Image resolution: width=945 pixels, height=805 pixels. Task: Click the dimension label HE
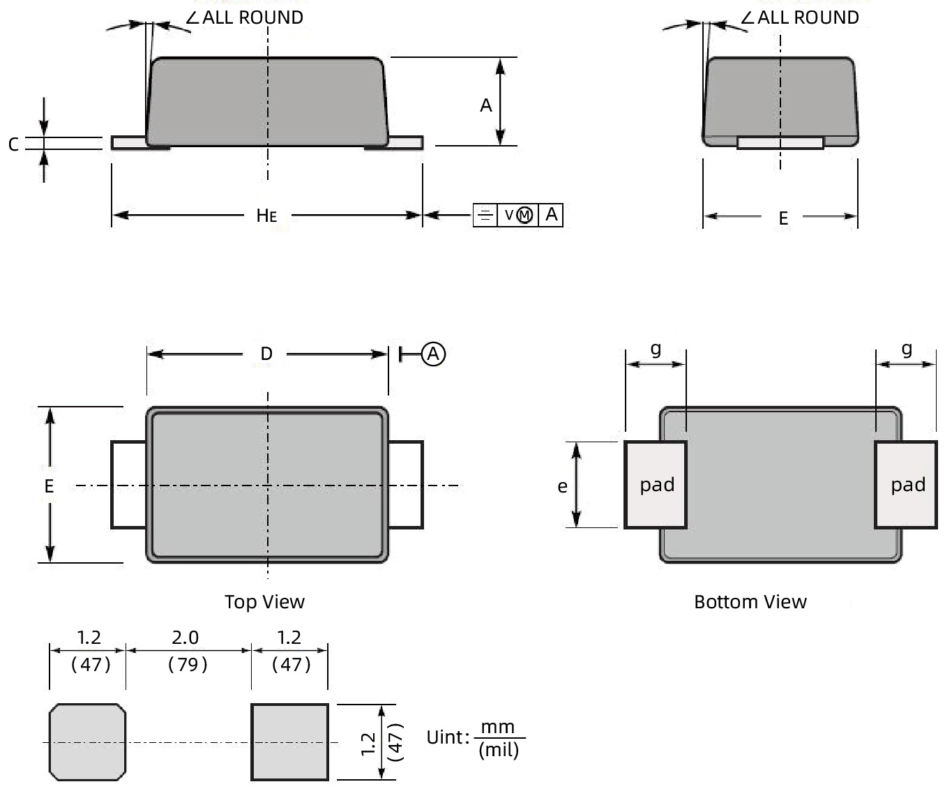266,215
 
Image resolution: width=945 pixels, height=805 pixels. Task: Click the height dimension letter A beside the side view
486,105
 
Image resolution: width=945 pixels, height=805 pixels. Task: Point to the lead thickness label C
13,144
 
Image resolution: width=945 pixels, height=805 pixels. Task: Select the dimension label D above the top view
266,354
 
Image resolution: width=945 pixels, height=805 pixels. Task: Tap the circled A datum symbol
433,354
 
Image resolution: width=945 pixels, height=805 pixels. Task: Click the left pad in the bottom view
656,485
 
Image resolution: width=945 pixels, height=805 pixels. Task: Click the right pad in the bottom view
906,485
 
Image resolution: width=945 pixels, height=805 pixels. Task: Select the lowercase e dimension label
562,486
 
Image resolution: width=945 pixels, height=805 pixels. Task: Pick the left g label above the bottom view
656,348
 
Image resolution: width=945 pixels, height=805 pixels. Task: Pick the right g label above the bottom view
906,348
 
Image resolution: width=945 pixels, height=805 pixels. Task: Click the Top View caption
264,601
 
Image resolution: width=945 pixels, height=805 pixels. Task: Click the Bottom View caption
750,601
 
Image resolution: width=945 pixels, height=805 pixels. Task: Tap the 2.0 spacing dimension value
185,638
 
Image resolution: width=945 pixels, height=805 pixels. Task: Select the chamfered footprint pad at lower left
87,742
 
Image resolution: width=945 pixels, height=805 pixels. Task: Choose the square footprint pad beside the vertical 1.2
289,742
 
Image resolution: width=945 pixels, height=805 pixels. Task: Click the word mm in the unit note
498,727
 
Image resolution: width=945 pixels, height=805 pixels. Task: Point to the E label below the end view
783,218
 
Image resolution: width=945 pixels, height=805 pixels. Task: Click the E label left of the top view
49,486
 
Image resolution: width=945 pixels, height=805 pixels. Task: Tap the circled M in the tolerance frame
525,215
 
